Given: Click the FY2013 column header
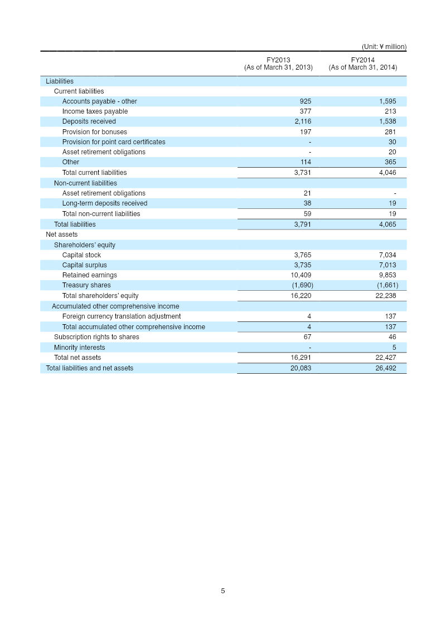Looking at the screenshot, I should tap(278, 64).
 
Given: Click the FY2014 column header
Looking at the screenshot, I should tap(362, 64).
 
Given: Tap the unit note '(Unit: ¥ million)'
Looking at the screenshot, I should tap(384, 47).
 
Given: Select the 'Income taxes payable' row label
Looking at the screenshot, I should tap(95, 111).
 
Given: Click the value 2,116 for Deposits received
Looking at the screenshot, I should tap(303, 121).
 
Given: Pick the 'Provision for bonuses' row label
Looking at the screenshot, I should tap(94, 132).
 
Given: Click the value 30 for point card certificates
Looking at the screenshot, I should tap(392, 142).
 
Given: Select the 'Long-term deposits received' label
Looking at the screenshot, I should tap(105, 203).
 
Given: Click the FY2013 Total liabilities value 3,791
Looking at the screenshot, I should tap(303, 224).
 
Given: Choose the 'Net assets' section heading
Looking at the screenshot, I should tap(61, 235).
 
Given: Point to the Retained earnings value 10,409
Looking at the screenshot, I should tap(301, 275).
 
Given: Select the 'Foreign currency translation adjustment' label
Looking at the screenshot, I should tap(121, 316).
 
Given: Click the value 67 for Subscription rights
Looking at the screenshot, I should tap(307, 337).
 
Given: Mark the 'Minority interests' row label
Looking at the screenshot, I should tap(79, 348).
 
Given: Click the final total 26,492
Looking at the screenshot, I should tap(386, 368).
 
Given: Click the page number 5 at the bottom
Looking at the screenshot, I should tap(223, 591).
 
